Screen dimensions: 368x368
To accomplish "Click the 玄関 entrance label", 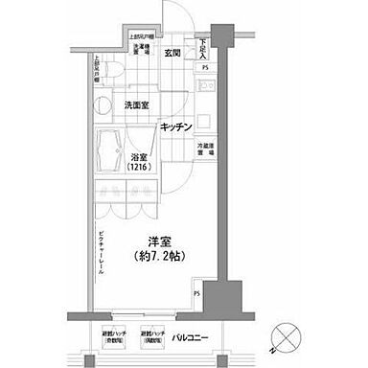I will pos(172,54).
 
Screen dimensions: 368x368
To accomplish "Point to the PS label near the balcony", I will pos(197,294).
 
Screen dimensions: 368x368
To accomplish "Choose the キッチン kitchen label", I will pos(177,126).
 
